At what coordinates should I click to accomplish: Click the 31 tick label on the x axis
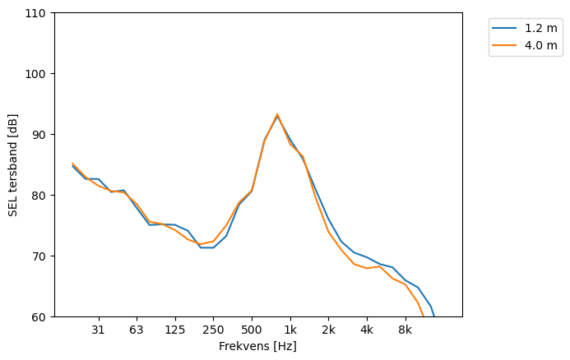tap(99, 330)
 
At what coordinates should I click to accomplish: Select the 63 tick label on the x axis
tap(137, 330)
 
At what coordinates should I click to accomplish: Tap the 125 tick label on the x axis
tap(175, 330)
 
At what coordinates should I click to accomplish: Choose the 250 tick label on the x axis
tap(213, 330)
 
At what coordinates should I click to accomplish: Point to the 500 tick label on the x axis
tap(252, 330)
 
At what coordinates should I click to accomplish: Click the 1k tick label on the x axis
tap(290, 330)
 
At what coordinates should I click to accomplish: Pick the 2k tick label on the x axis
tap(328, 330)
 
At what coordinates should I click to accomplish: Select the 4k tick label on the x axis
tap(367, 330)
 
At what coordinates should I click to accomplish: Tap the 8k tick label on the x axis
tap(405, 330)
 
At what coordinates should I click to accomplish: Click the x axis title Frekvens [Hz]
tap(257, 346)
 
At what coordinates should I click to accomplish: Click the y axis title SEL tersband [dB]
tap(13, 165)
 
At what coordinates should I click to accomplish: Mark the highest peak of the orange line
tap(277, 114)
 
